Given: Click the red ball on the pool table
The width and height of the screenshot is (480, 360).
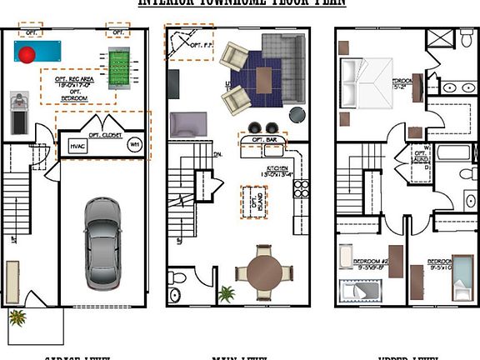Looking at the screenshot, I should pyautogui.click(x=28, y=56).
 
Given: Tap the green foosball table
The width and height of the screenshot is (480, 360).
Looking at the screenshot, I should pyautogui.click(x=119, y=62).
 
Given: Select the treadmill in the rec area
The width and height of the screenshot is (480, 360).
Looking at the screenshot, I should pyautogui.click(x=19, y=113).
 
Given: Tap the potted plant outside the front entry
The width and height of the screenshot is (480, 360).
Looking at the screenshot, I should pyautogui.click(x=17, y=317).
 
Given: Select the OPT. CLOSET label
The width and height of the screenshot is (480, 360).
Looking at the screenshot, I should pyautogui.click(x=105, y=133).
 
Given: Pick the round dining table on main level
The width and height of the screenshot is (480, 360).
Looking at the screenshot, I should pyautogui.click(x=263, y=272).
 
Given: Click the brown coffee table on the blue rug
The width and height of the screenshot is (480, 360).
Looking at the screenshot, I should pyautogui.click(x=264, y=80).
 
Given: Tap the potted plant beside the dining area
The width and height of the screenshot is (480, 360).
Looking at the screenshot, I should pyautogui.click(x=226, y=293).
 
